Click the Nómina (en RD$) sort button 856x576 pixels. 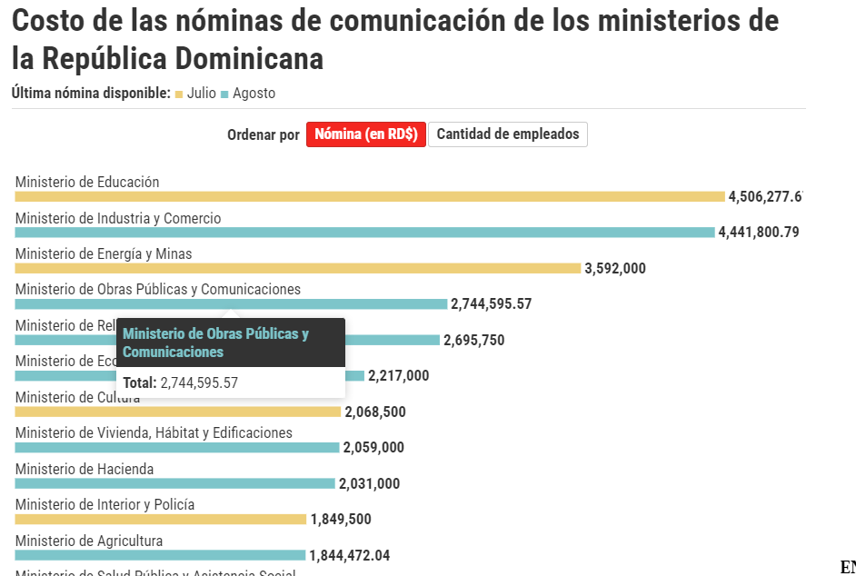pyautogui.click(x=365, y=134)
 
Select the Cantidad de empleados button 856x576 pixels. pyautogui.click(x=508, y=134)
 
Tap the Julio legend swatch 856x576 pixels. pyautogui.click(x=179, y=94)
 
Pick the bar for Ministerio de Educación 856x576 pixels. pyautogui.click(x=369, y=196)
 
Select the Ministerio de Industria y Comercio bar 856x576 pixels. pyautogui.click(x=364, y=233)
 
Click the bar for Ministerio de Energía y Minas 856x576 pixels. pyautogui.click(x=297, y=268)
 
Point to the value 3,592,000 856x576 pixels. pyautogui.click(x=615, y=268)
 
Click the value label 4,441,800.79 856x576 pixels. pyautogui.click(x=758, y=233)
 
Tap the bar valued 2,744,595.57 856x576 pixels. pyautogui.click(x=231, y=304)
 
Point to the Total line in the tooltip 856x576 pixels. pyautogui.click(x=181, y=382)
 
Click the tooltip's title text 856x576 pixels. pyautogui.click(x=216, y=343)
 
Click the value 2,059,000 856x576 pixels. pyautogui.click(x=373, y=448)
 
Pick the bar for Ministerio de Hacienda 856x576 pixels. pyautogui.click(x=174, y=483)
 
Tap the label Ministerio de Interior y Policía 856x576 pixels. pyautogui.click(x=105, y=505)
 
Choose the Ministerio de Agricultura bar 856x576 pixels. pyautogui.click(x=160, y=555)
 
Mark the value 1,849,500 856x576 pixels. pyautogui.click(x=341, y=520)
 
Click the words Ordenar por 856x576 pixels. pyautogui.click(x=263, y=135)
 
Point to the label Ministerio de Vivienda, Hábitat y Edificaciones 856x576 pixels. pyautogui.click(x=154, y=433)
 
